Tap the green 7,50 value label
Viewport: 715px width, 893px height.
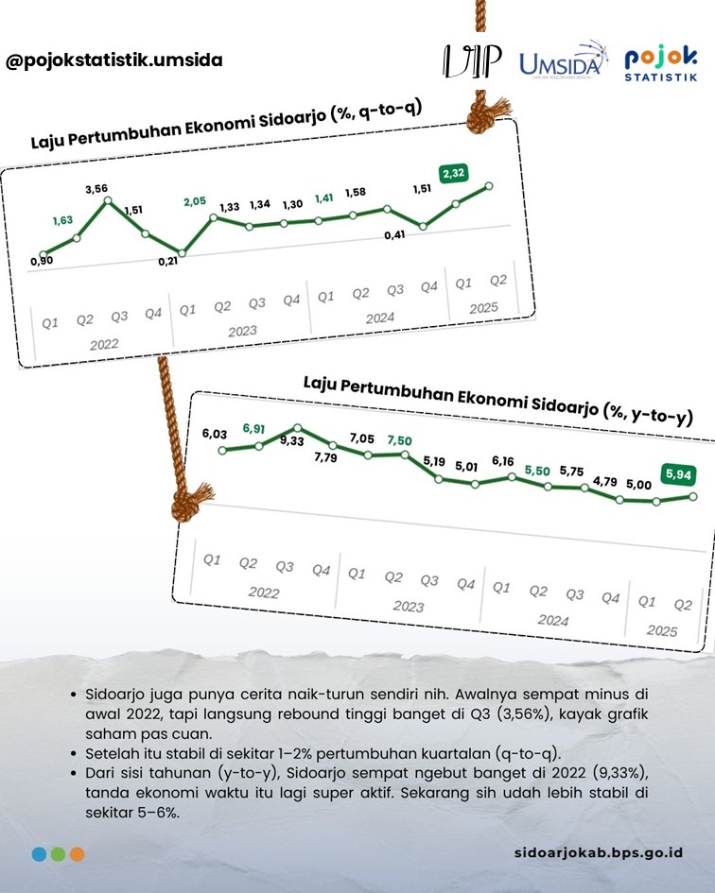coord(400,440)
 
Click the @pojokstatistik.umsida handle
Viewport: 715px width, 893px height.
coord(114,60)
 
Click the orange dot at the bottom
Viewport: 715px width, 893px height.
coord(77,853)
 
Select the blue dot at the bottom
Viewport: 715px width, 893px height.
coord(39,853)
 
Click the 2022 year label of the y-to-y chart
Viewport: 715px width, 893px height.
coord(263,592)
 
